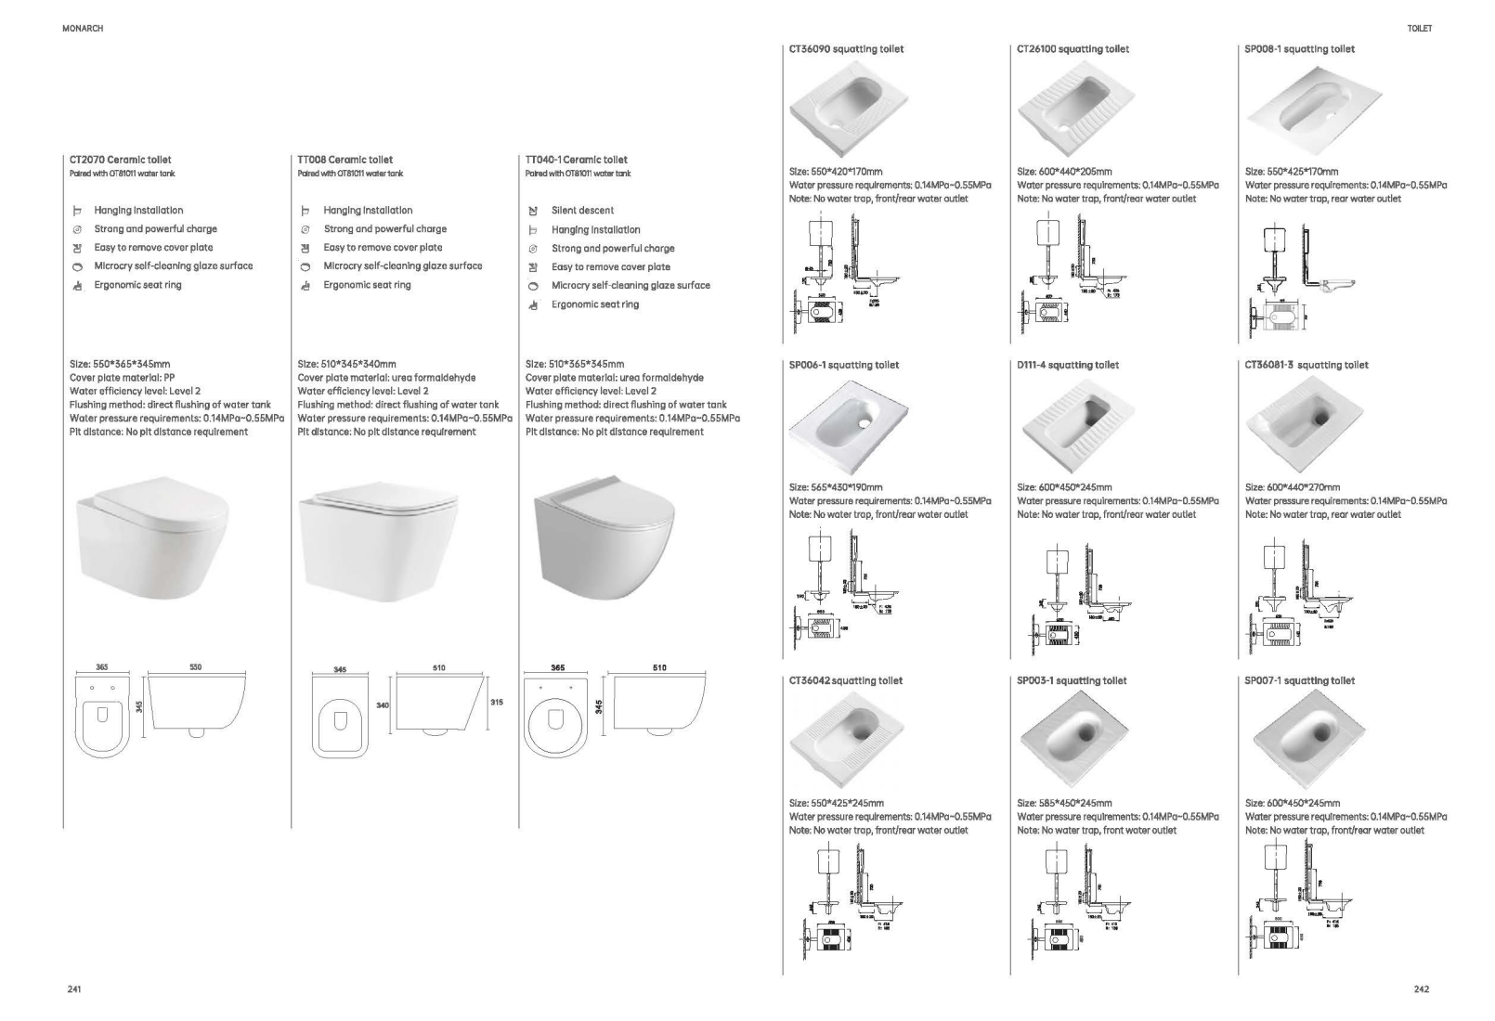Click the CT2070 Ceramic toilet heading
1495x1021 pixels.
click(x=121, y=160)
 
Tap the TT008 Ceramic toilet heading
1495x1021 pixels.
click(x=345, y=160)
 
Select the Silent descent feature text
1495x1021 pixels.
click(x=582, y=211)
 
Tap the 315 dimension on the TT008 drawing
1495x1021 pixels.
click(x=497, y=703)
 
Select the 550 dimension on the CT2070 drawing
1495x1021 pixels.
click(x=196, y=667)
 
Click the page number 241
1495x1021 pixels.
click(x=74, y=989)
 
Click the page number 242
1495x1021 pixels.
click(x=1421, y=989)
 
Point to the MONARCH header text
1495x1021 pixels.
click(x=83, y=29)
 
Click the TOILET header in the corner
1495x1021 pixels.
click(x=1419, y=29)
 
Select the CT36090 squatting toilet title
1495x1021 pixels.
click(x=846, y=49)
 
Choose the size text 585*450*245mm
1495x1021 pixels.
click(x=1064, y=803)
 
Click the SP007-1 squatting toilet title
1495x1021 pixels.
click(x=1299, y=680)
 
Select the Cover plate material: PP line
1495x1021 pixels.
click(x=122, y=378)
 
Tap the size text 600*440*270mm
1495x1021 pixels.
click(x=1292, y=487)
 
